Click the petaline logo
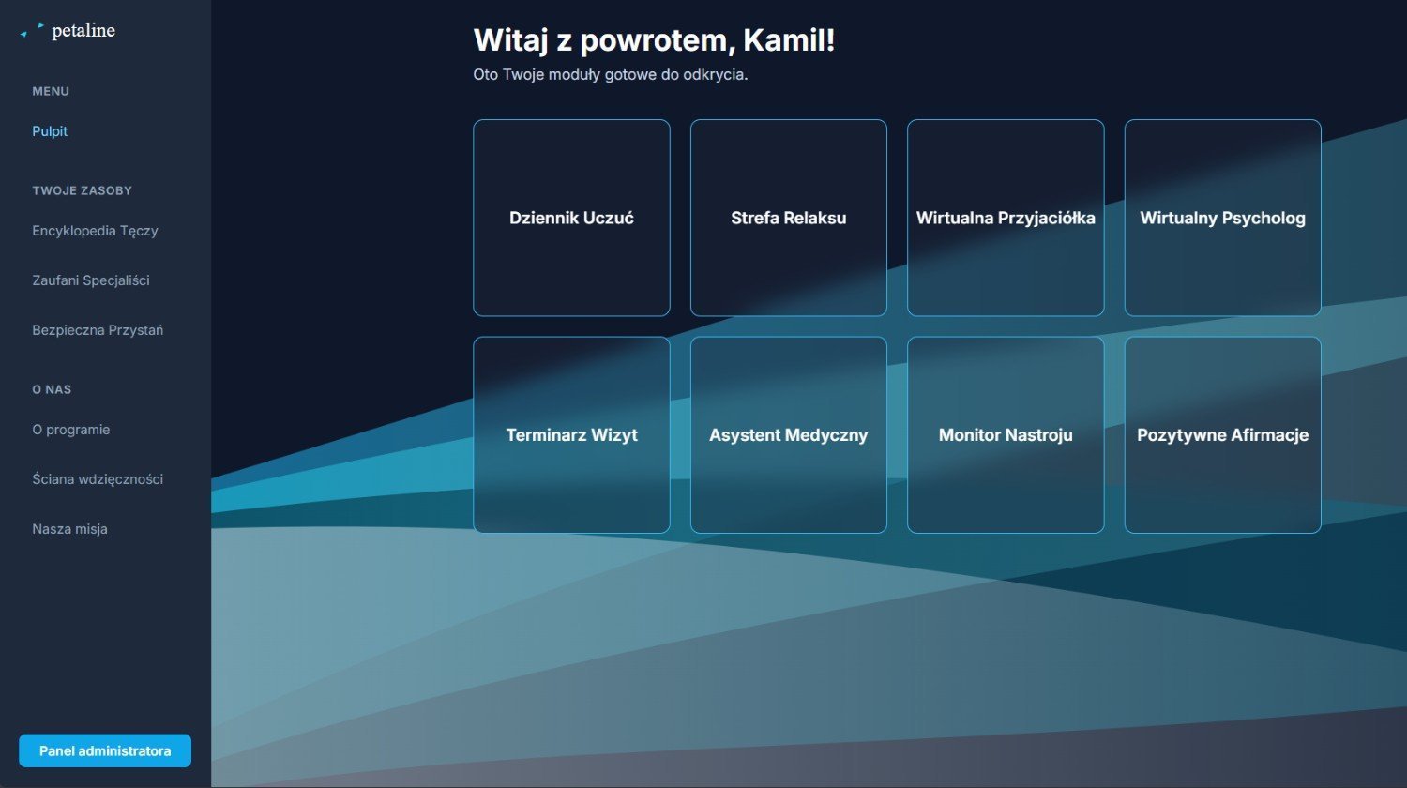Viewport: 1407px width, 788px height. (x=68, y=30)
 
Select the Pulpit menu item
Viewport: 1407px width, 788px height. (x=50, y=131)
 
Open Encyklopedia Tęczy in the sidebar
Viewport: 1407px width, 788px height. (x=95, y=231)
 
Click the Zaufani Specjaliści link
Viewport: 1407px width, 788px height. (x=90, y=280)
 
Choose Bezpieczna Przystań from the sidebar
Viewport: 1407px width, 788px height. (x=98, y=330)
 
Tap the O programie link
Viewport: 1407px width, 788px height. (x=71, y=430)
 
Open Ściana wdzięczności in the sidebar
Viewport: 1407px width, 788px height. (x=98, y=479)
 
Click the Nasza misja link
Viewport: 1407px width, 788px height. (x=69, y=529)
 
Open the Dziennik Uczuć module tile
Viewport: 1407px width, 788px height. (x=571, y=218)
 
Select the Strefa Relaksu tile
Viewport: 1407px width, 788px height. (x=788, y=218)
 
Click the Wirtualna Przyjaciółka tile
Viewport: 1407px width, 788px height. (x=1006, y=218)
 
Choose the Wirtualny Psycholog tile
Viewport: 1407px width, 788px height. (x=1222, y=218)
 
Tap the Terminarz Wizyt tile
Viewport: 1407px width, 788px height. (x=571, y=435)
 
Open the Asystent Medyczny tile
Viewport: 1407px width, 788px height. (x=788, y=435)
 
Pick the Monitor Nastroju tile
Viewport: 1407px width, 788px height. (x=1006, y=435)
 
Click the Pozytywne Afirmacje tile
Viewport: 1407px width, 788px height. (x=1222, y=435)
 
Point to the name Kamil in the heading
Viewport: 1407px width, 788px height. (x=784, y=40)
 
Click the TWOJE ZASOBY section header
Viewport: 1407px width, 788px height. (x=82, y=191)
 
